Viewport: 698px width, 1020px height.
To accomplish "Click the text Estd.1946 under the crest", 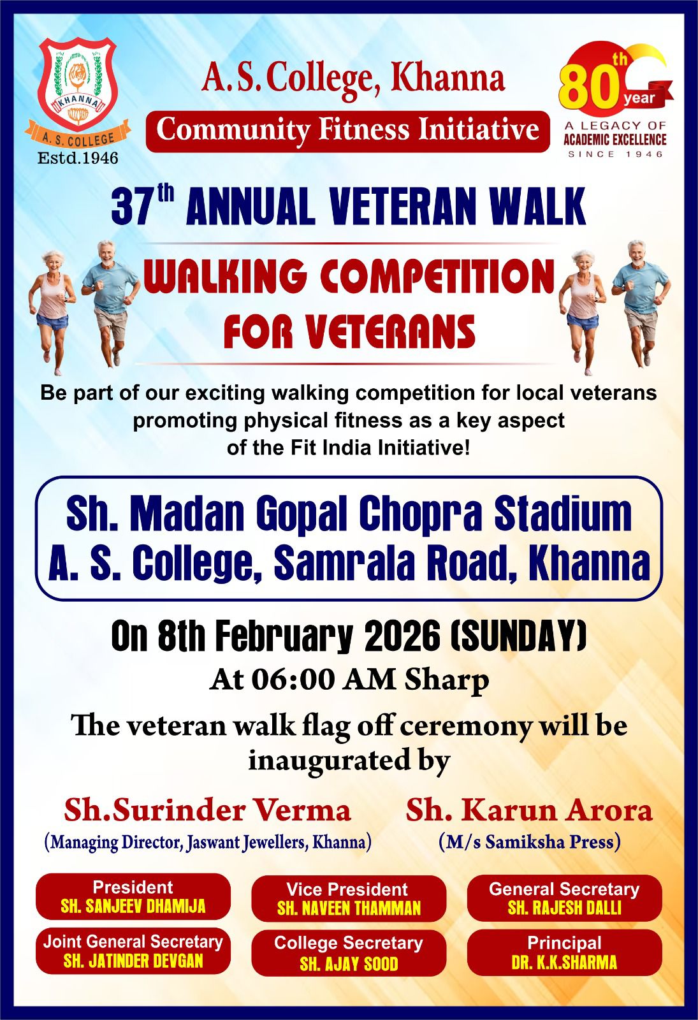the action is coord(78,158).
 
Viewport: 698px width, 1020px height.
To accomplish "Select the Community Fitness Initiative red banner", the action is coord(348,131).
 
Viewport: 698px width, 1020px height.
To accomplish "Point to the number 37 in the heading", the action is coord(131,208).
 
